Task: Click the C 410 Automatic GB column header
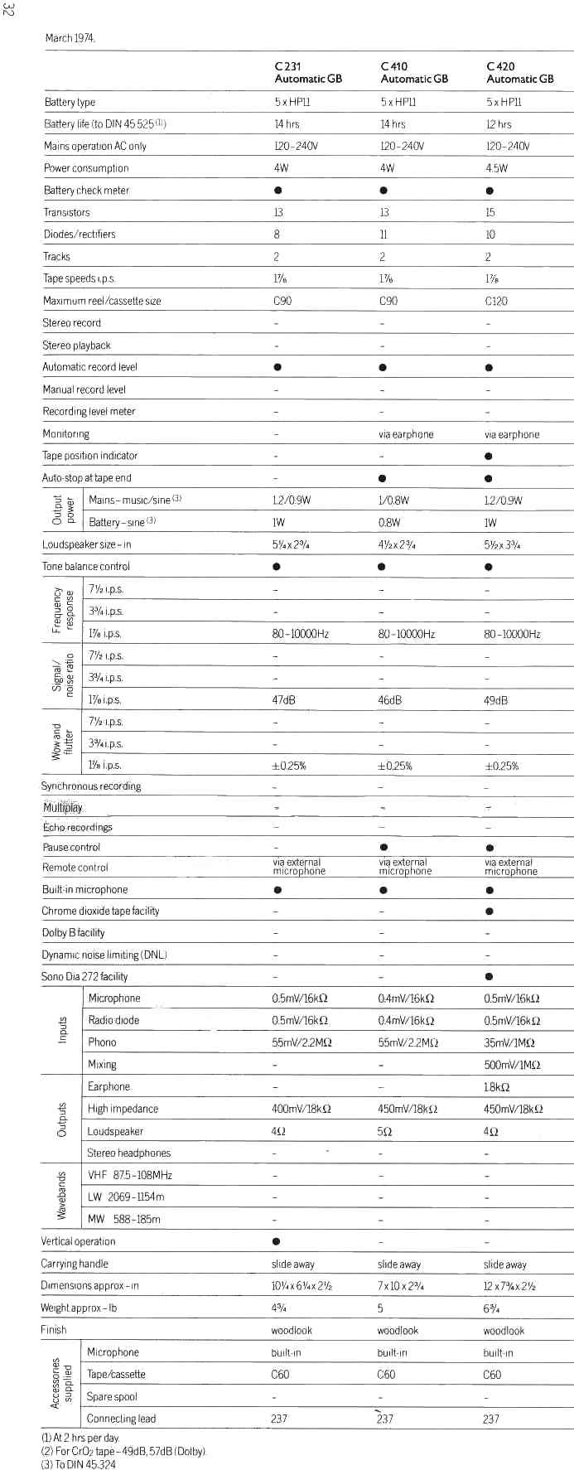(x=414, y=73)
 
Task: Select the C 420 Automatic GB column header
(x=520, y=73)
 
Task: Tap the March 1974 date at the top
(x=70, y=38)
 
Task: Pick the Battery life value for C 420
(x=499, y=124)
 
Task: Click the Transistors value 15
(x=490, y=213)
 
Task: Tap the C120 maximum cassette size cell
(x=496, y=301)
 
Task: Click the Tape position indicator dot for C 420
(x=489, y=456)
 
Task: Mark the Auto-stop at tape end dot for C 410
(x=383, y=478)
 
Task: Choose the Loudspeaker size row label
(x=86, y=545)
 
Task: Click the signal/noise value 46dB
(x=389, y=700)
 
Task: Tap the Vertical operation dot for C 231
(x=277, y=1241)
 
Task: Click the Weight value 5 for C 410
(x=380, y=1308)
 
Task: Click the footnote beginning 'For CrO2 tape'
(x=123, y=1452)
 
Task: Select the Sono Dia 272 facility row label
(x=84, y=977)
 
